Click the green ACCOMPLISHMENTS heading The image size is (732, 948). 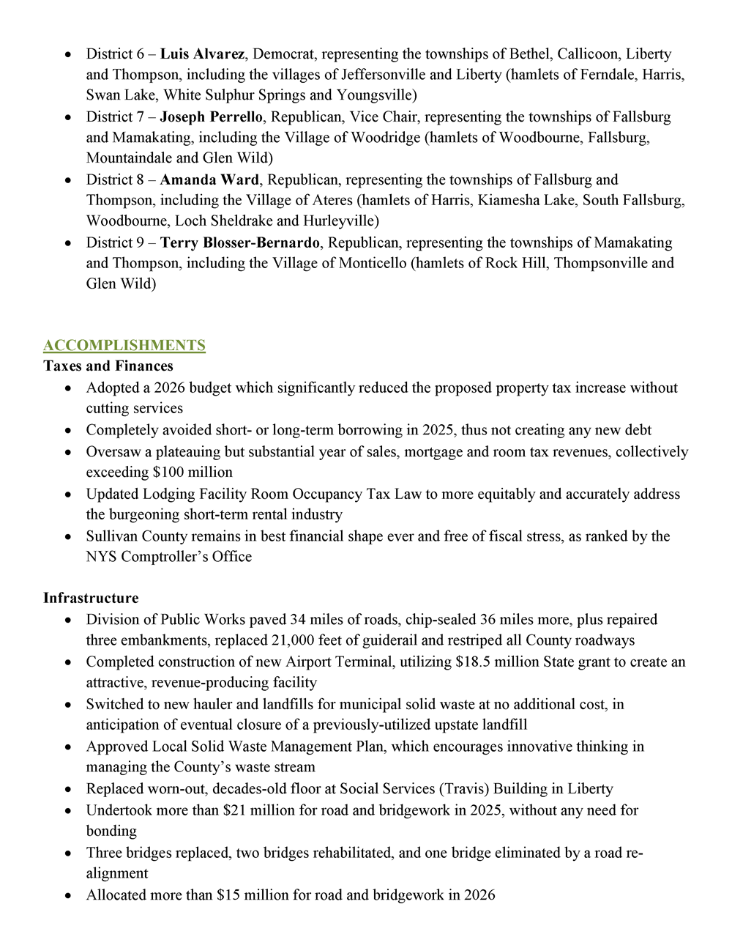tap(124, 345)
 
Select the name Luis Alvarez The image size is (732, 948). tap(202, 53)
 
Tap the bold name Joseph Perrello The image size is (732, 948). tap(211, 116)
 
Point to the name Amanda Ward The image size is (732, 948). tap(209, 179)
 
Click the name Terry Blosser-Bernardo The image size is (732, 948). tap(240, 242)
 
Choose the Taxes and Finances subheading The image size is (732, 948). tap(108, 366)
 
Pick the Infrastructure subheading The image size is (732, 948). tap(91, 598)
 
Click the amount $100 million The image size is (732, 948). tap(193, 473)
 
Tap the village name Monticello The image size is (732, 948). tap(372, 263)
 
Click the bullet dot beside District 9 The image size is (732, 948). tap(68, 243)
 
